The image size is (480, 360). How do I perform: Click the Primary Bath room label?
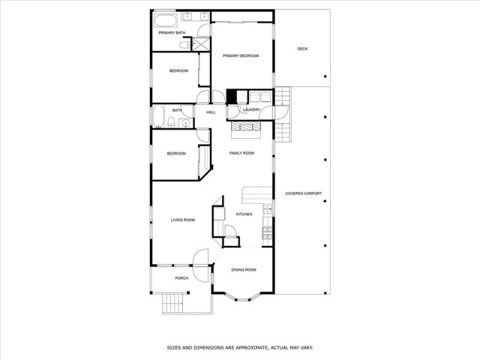[x=172, y=33]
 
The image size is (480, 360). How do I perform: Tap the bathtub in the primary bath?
[x=165, y=20]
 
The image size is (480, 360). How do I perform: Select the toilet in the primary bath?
[x=184, y=45]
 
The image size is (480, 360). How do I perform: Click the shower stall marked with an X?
[x=201, y=44]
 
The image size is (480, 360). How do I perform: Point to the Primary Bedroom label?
[x=241, y=55]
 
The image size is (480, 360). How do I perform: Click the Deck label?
[x=302, y=49]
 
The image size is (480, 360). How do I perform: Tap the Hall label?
[x=211, y=112]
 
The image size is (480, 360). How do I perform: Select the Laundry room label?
[x=251, y=109]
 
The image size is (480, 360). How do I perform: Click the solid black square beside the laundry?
[x=232, y=97]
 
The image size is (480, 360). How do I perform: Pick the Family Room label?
[x=241, y=153]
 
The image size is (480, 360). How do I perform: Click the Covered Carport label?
[x=303, y=193]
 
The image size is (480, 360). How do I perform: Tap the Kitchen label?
[x=244, y=214]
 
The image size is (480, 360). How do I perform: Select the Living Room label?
[x=183, y=220]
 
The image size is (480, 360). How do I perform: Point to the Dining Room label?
[x=244, y=270]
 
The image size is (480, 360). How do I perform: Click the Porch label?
[x=181, y=278]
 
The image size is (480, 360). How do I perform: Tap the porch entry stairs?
[x=172, y=304]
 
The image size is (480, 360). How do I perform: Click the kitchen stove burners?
[x=267, y=233]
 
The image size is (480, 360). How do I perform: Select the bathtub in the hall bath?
[x=158, y=116]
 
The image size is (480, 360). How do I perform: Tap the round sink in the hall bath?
[x=185, y=123]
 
